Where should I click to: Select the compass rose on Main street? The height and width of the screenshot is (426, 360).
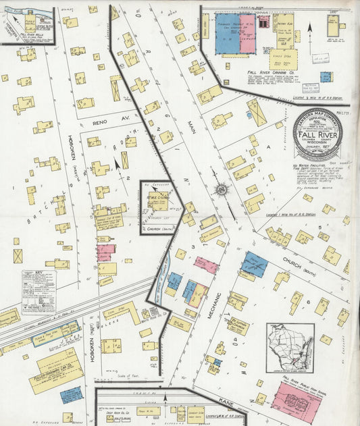222,190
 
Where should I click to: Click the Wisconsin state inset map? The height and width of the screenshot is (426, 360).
290,348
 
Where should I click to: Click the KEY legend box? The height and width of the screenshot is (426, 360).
38,290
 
